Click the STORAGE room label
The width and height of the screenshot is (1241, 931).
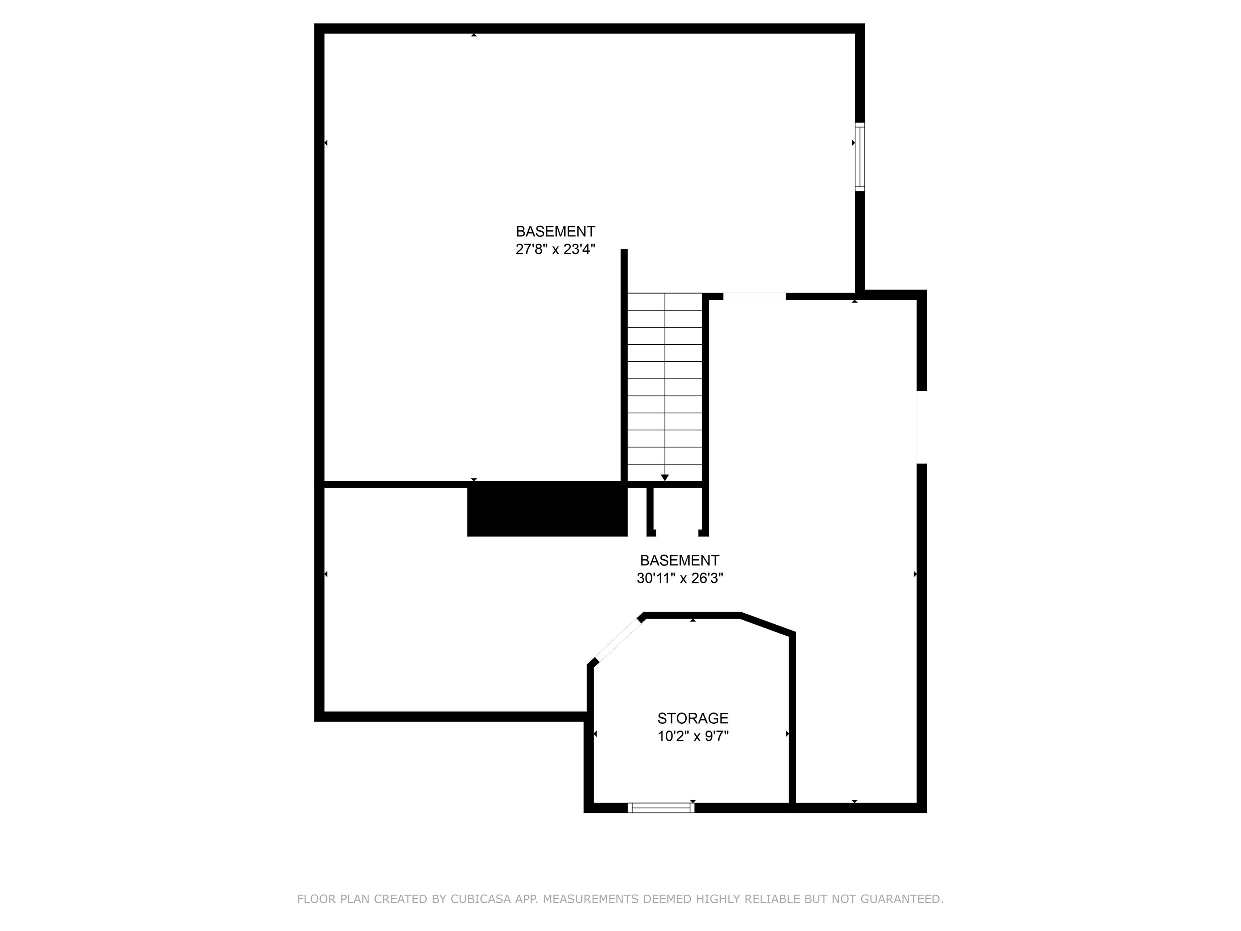tap(693, 718)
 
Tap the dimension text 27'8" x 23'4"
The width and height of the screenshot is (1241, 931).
tap(555, 250)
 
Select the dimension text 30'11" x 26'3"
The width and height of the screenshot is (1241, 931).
tap(679, 579)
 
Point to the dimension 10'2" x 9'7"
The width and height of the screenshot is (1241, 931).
tap(693, 736)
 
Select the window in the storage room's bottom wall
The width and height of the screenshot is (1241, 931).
tap(661, 807)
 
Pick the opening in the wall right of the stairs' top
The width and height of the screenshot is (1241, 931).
tap(754, 296)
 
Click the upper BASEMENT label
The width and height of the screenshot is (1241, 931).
tap(555, 231)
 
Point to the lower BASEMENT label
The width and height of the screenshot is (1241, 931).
tap(679, 560)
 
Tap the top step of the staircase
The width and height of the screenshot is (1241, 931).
tap(665, 301)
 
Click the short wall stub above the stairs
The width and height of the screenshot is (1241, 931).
tap(624, 270)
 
